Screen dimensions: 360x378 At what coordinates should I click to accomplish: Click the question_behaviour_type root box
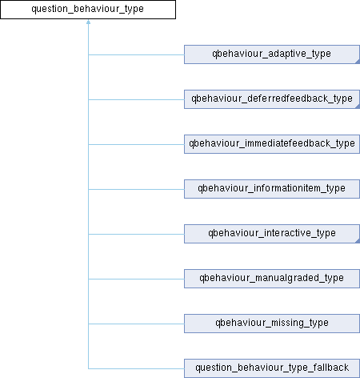pos(88,10)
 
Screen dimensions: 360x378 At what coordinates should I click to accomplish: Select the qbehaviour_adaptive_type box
pos(272,54)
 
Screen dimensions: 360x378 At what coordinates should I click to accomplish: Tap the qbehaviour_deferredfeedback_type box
pos(272,99)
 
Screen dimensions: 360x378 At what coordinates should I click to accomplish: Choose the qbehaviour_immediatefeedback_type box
pos(272,144)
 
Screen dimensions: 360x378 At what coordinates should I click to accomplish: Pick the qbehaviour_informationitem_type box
pos(272,189)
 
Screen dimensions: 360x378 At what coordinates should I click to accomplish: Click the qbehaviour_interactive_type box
pos(272,234)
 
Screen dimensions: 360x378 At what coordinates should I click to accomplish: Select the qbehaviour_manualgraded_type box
pos(272,279)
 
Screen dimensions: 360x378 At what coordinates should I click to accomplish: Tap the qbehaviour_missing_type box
pos(272,324)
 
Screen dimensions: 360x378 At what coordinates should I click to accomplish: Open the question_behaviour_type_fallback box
pos(272,368)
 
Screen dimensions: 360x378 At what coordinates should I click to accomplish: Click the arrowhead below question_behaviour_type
pos(88,22)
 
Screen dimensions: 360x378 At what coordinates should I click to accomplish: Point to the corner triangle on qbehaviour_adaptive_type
pos(358,62)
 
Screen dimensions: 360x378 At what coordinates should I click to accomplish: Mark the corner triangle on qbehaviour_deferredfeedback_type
pos(358,107)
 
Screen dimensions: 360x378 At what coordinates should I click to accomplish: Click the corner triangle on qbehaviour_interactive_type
pos(358,241)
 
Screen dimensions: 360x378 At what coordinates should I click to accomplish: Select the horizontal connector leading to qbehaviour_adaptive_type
pos(136,54)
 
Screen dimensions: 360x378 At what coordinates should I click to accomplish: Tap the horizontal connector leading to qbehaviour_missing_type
pos(136,324)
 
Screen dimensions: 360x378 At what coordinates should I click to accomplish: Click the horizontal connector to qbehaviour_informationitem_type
pos(136,189)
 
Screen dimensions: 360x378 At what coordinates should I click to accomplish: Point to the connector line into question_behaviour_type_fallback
pos(136,368)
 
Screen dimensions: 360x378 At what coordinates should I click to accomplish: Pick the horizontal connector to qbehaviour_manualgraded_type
pos(136,279)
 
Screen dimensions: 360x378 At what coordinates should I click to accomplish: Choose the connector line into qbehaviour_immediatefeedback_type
pos(136,144)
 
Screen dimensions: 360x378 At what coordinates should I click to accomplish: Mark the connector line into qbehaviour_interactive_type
pos(136,234)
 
